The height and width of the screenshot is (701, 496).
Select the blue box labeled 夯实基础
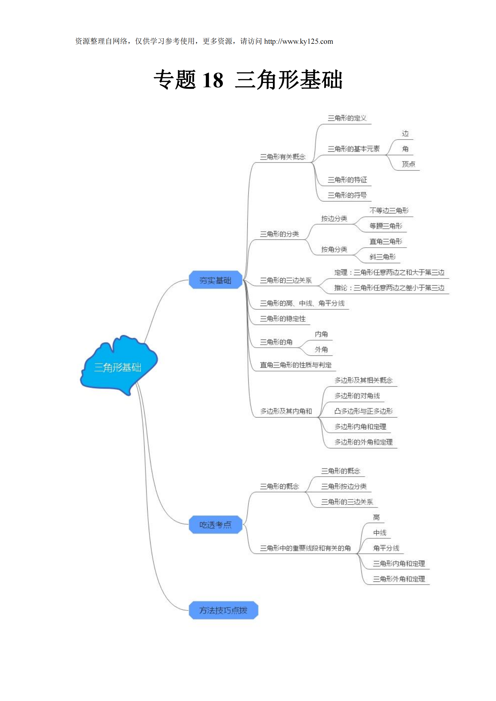pyautogui.click(x=215, y=280)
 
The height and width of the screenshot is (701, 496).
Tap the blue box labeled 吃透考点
pyautogui.click(x=215, y=524)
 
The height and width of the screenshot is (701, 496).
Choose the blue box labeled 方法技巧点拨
pyautogui.click(x=223, y=610)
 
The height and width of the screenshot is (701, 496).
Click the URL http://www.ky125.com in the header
pyautogui.click(x=298, y=42)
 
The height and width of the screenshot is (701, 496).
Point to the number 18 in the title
pyautogui.click(x=213, y=80)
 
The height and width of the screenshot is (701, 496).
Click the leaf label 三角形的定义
pyautogui.click(x=347, y=118)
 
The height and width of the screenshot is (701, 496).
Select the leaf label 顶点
pyautogui.click(x=408, y=164)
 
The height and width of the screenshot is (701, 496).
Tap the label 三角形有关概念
pyautogui.click(x=282, y=157)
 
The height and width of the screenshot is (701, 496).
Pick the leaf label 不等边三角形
pyautogui.click(x=389, y=211)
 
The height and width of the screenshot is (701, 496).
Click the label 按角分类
pyautogui.click(x=334, y=249)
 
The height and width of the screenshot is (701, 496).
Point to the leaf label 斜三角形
pyautogui.click(x=382, y=257)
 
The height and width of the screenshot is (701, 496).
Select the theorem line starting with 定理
pyautogui.click(x=389, y=272)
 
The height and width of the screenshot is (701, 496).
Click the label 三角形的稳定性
pyautogui.click(x=282, y=319)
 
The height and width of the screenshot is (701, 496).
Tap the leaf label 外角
pyautogui.click(x=321, y=349)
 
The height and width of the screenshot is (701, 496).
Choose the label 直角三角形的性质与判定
pyautogui.click(x=295, y=365)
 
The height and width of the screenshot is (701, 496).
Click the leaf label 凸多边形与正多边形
pyautogui.click(x=363, y=411)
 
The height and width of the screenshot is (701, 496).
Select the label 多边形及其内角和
pyautogui.click(x=286, y=411)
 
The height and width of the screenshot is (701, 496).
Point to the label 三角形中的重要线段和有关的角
pyautogui.click(x=305, y=548)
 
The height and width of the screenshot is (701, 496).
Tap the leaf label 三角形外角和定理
pyautogui.click(x=399, y=579)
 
